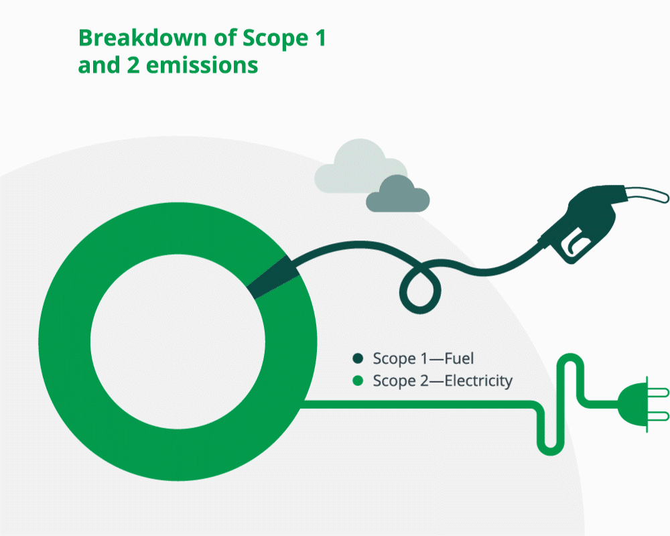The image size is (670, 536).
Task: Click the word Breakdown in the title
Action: [x=143, y=38]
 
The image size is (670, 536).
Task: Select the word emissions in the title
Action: [x=202, y=66]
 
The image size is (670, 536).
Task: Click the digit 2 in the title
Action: [x=133, y=66]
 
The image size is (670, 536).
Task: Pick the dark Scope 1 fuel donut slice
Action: [x=273, y=277]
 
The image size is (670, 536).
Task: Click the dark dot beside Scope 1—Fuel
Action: [x=358, y=358]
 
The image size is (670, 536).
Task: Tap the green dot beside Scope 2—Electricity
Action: [x=358, y=381]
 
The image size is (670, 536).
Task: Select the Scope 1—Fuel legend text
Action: [x=423, y=358]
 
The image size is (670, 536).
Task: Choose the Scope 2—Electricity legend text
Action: [x=442, y=381]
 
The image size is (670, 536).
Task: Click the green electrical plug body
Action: [x=632, y=404]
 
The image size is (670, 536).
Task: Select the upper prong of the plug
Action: [x=658, y=393]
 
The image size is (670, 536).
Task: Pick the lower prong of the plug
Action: [x=658, y=416]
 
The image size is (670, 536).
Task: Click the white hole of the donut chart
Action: [x=178, y=342]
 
